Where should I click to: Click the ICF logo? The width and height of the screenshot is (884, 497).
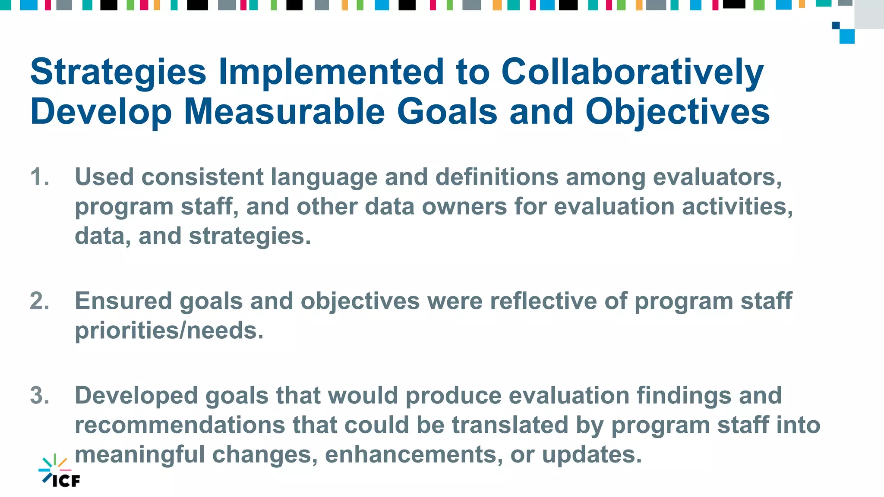tap(60, 471)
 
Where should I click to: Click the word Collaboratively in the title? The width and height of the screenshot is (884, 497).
tap(632, 72)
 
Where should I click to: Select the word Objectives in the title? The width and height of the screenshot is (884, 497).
tap(677, 111)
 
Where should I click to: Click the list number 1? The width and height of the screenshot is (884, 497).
tap(39, 177)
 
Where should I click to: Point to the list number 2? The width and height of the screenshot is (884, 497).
tap(39, 301)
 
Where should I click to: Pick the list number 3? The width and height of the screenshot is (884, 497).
tap(39, 396)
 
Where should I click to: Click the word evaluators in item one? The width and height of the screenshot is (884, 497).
tap(717, 177)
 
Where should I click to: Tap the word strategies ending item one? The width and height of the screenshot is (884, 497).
tap(249, 236)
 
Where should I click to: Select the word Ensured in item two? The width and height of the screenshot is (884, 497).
tap(123, 301)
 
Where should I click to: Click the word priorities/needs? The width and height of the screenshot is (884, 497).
tap(169, 331)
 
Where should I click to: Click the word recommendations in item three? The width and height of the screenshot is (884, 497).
tap(180, 425)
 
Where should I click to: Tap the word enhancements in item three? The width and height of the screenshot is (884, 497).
tap(414, 455)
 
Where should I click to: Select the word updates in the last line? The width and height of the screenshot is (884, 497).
tap(591, 455)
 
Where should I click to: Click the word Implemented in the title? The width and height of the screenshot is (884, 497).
tap(331, 72)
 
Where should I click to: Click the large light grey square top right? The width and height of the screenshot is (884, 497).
tap(869, 14)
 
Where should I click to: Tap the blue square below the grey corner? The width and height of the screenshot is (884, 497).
tap(847, 36)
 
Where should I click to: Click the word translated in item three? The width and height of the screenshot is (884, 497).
tap(510, 425)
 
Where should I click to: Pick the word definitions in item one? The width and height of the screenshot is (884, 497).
tap(497, 177)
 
